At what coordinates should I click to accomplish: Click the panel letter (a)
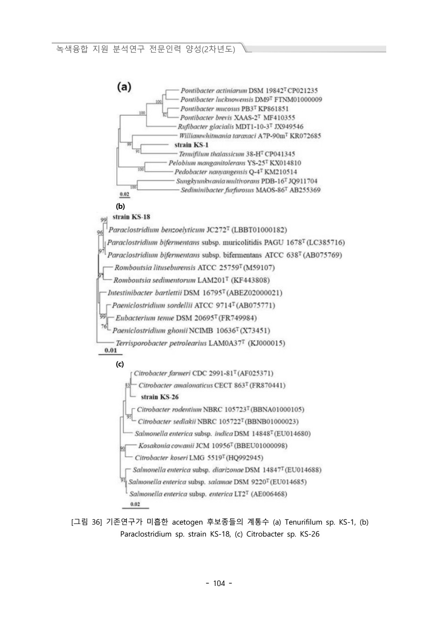click(x=124, y=87)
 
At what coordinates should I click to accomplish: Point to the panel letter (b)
click(x=120, y=206)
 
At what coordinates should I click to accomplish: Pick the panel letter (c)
click(x=119, y=364)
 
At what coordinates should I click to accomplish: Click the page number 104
click(x=219, y=584)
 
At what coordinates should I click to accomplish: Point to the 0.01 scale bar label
click(x=110, y=351)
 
